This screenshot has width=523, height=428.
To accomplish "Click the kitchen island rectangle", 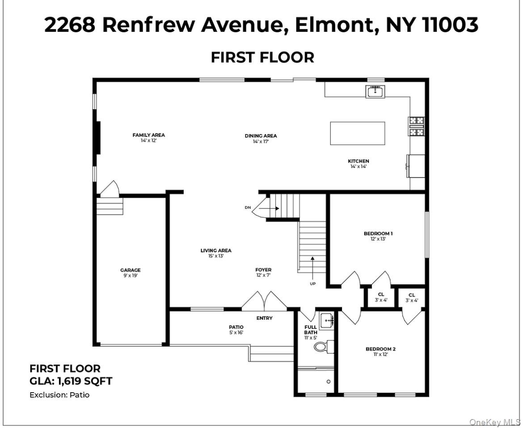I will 357,133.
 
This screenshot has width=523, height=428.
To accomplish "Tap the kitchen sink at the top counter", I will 375,92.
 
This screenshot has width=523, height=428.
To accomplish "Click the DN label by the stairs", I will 248,208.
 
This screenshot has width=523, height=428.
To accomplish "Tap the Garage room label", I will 131,270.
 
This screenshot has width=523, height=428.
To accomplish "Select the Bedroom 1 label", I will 378,233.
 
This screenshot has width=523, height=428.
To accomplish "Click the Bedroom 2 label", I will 380,349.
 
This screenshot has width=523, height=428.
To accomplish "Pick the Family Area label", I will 148,135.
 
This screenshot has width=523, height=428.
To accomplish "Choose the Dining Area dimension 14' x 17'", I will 261,142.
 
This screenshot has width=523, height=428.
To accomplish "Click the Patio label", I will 236,327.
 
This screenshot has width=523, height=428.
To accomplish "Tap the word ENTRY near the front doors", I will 264,318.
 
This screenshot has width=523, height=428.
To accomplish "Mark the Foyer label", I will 263,270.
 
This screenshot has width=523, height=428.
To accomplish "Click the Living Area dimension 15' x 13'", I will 216,256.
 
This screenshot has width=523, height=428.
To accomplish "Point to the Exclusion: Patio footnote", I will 59,395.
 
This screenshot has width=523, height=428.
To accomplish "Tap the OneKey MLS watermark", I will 495,422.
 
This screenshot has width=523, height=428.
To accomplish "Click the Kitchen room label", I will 359,161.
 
